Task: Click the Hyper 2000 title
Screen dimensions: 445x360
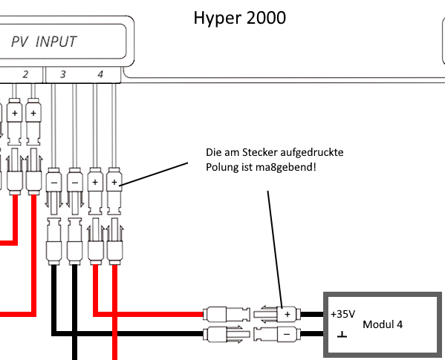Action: pos(239,18)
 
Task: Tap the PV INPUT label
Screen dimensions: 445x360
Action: pos(44,42)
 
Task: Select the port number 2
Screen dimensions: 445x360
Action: pos(25,74)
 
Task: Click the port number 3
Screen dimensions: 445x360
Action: pos(62,74)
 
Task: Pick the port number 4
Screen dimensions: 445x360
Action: pos(100,74)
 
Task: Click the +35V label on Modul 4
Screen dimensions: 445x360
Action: pos(342,314)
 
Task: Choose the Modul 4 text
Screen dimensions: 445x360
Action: pos(383,324)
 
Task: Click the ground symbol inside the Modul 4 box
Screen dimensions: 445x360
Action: pos(342,335)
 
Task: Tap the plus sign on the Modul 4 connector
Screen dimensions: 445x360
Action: pos(288,315)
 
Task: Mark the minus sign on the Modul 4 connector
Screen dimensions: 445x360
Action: pos(287,335)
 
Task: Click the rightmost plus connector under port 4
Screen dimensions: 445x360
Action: pos(114,192)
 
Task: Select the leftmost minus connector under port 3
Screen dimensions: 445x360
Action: pos(53,192)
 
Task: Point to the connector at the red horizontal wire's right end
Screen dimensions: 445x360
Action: pos(227,315)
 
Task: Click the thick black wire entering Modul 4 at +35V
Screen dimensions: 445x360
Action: pos(312,315)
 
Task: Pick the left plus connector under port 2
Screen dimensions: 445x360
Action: pos(14,122)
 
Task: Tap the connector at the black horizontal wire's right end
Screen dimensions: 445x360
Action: pos(227,335)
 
